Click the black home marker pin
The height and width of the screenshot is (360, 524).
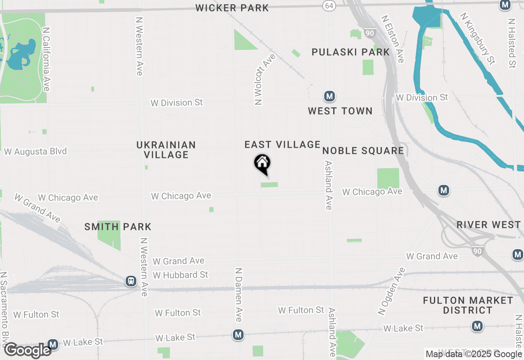coord(262,164)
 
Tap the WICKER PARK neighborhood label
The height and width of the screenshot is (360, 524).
coord(232,8)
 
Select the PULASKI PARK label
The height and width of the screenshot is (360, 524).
coord(351,52)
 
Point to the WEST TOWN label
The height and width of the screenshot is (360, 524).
coord(340,111)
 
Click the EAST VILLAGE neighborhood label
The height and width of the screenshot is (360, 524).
coord(282,144)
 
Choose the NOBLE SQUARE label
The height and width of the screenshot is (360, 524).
coord(363,151)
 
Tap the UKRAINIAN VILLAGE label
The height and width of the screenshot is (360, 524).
coord(166,150)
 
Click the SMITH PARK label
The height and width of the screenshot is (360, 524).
coord(118,227)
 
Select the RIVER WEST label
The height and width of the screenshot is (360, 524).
coord(488,225)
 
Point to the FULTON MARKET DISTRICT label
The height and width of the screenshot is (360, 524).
coord(468,305)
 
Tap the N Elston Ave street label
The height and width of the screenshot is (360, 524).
coord(393,39)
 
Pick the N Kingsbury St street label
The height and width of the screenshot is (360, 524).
coord(477,38)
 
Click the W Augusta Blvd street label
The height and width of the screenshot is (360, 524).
coord(35,152)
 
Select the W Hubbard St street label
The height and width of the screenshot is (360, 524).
coord(181,275)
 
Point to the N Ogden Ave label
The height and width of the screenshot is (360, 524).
coord(391,291)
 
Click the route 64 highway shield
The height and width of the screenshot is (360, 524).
coord(329,5)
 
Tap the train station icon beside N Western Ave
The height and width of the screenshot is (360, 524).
coord(131,281)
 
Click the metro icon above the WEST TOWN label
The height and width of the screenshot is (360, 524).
coord(329,97)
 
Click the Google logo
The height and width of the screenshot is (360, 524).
coord(28,351)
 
